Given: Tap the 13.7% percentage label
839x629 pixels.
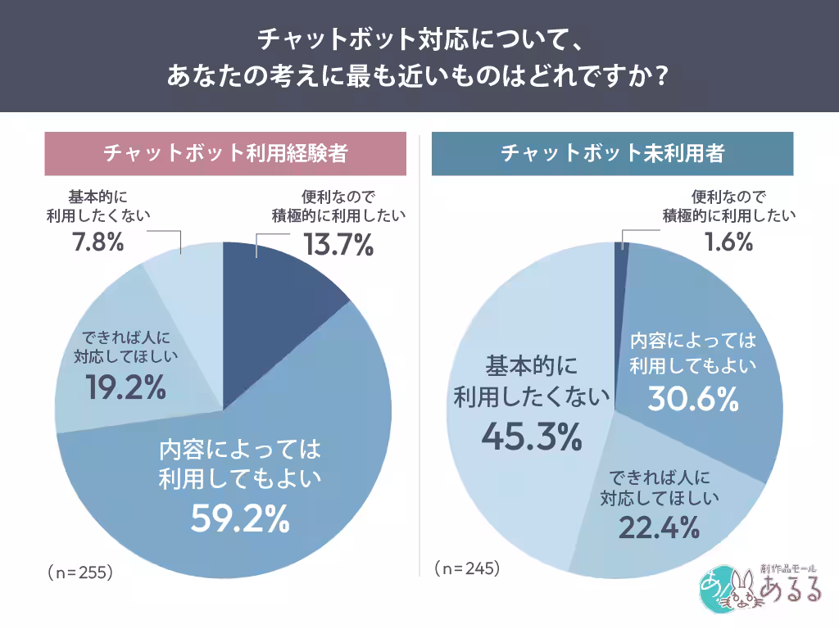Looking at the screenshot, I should [x=338, y=244].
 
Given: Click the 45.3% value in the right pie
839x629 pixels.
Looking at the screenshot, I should [x=531, y=437].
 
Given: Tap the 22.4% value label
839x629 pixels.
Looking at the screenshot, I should [x=659, y=527].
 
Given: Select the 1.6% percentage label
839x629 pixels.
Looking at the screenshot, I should [x=728, y=242].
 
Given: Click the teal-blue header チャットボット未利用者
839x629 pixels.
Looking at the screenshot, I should [x=612, y=153].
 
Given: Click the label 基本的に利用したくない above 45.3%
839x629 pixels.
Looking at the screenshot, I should [x=532, y=380].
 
